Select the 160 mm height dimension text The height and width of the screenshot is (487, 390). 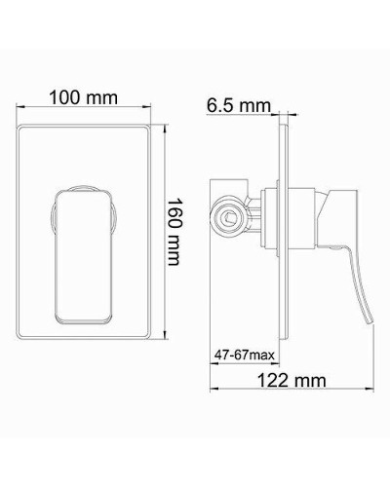(x=175, y=223)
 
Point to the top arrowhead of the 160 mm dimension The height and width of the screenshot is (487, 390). (x=162, y=125)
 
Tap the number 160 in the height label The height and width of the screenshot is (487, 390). (x=175, y=207)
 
